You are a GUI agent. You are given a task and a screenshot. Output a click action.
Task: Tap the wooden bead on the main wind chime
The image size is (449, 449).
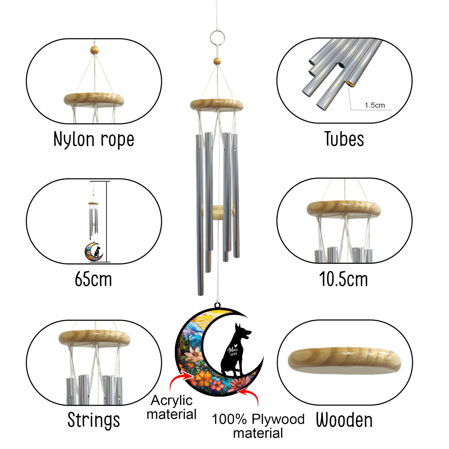[x=217, y=61]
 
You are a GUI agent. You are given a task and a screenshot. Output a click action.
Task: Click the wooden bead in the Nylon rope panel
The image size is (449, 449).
[x=94, y=50]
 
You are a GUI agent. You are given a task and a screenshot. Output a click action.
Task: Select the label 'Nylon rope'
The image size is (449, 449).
[x=94, y=139]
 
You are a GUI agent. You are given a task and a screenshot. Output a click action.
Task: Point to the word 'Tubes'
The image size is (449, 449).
[x=344, y=139]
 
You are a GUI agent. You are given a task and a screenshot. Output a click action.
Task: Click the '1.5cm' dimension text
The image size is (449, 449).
[x=374, y=105]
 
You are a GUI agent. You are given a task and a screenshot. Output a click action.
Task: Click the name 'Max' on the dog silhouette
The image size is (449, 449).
[x=233, y=350]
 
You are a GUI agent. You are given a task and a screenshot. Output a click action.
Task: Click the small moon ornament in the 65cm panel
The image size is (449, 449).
[x=94, y=252]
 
